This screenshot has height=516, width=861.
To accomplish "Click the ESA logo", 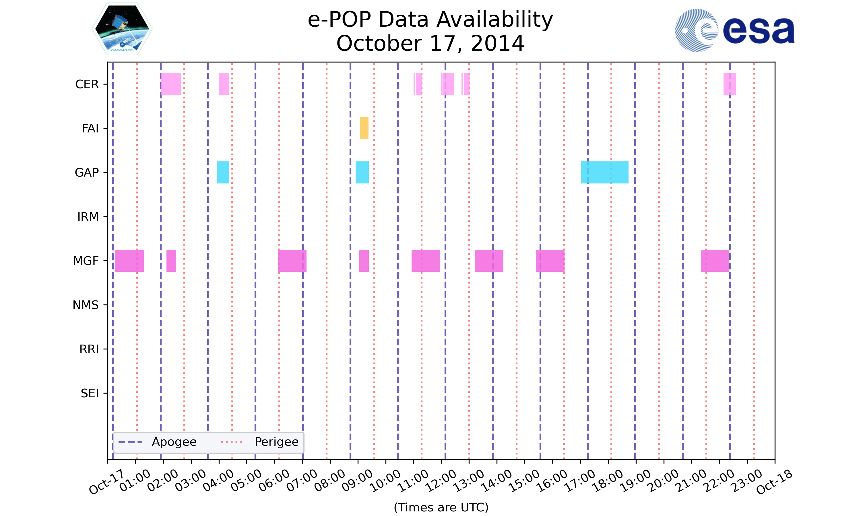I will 734,30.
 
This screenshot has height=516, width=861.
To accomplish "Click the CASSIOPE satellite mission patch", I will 122,29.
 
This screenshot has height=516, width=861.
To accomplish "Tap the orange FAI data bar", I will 364,128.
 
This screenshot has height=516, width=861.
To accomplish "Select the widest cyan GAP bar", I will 604,173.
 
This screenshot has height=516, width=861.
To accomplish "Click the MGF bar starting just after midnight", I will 129,261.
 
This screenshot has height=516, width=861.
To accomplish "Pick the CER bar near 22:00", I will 730,84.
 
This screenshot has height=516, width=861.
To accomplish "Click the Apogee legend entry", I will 158,442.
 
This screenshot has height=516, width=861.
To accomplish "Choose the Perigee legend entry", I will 260,442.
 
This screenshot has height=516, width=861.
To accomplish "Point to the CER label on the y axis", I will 87,85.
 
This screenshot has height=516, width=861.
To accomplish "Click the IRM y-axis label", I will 88,217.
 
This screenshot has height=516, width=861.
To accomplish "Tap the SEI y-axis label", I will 90,394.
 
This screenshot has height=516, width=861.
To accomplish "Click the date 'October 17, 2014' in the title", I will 430,44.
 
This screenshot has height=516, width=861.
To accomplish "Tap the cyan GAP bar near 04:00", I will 223,173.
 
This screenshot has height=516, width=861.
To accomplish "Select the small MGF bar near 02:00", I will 171,261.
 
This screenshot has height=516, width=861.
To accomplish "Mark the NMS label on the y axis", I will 85,305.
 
